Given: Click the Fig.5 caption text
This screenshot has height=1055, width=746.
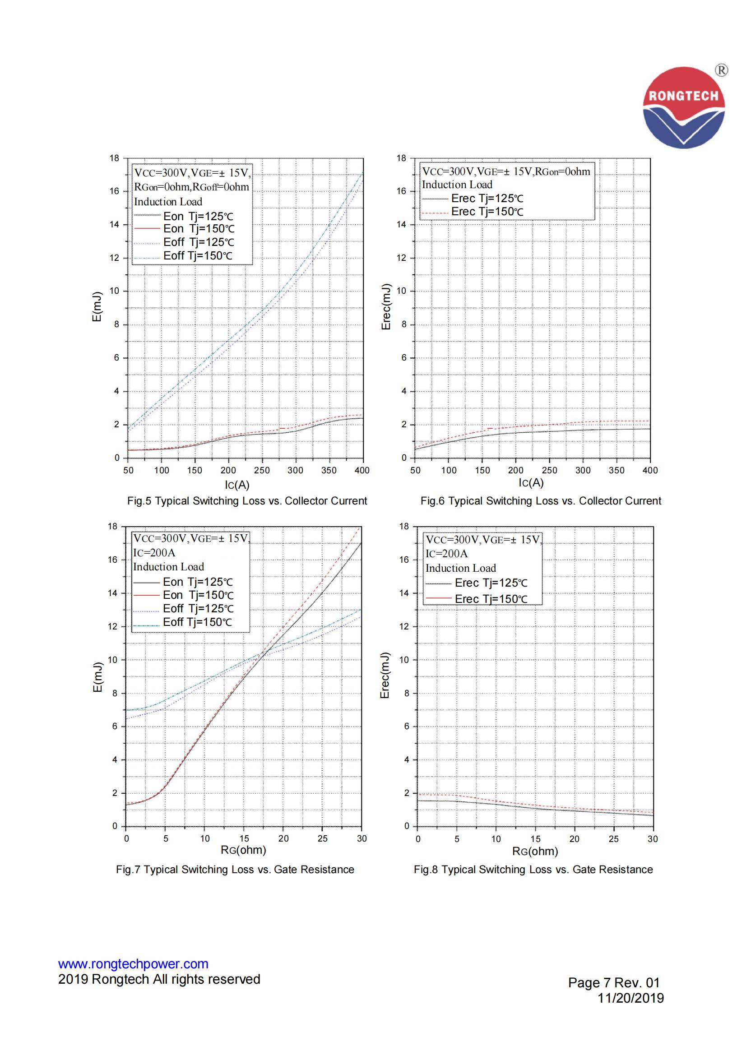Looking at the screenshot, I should [x=247, y=501].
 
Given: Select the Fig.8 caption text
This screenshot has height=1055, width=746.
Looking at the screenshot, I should [x=533, y=870].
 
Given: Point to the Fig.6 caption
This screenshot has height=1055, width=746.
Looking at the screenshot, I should [x=541, y=501].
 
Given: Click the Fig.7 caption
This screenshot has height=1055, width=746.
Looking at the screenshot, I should [x=235, y=870].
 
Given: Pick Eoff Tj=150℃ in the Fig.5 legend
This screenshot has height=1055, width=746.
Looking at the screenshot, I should [x=198, y=256].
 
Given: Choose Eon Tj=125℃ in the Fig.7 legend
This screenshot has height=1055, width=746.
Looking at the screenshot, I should [x=198, y=582].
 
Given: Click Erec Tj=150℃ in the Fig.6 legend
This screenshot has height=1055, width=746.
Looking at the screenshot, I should [x=487, y=212].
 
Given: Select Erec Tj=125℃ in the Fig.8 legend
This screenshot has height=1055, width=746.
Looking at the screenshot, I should [x=491, y=583].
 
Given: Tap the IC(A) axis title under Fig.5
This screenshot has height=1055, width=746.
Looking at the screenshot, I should [x=237, y=485].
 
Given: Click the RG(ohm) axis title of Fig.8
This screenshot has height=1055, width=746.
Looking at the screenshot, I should [x=535, y=851].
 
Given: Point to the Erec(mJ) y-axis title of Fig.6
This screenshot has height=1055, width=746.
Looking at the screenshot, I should [x=386, y=306].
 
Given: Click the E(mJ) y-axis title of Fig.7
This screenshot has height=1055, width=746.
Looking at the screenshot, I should [x=97, y=677].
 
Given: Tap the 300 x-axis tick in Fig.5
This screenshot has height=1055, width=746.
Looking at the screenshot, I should [x=295, y=470].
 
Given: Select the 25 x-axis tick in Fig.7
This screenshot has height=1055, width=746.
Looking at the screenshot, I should [x=323, y=838].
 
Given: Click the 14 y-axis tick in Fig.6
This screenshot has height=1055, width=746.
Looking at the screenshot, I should [x=401, y=225].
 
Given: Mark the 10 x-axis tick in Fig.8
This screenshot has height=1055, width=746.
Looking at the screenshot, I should [x=496, y=839].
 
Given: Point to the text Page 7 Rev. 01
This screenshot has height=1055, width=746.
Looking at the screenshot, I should [x=614, y=982].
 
